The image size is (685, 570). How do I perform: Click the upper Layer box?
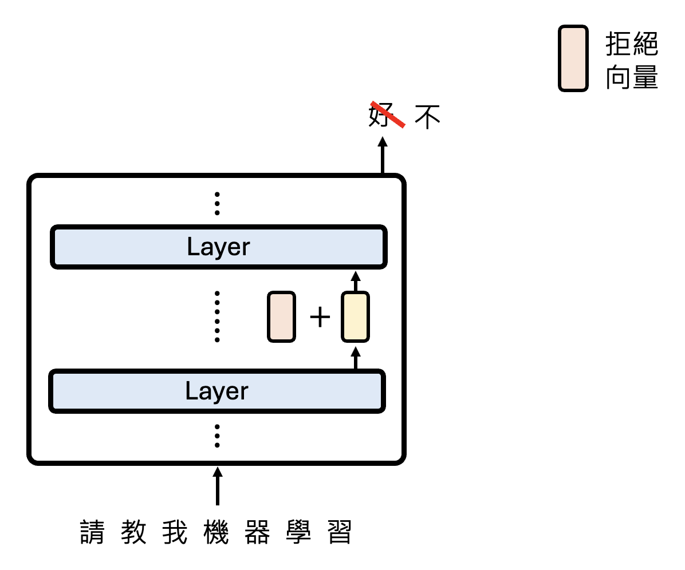click(x=218, y=247)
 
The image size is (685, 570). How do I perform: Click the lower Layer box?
click(x=216, y=391)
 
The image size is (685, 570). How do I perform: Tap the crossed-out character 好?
click(x=380, y=115)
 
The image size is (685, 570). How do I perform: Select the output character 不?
click(x=427, y=116)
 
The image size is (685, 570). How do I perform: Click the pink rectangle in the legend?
click(x=573, y=58)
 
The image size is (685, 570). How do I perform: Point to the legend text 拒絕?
click(x=632, y=44)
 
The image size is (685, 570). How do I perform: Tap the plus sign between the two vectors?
click(x=320, y=317)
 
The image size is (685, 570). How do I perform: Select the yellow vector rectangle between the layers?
click(x=355, y=316)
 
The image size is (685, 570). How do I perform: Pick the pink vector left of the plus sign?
click(x=281, y=316)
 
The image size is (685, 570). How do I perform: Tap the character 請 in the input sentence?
click(x=92, y=532)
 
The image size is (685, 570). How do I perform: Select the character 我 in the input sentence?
click(x=175, y=532)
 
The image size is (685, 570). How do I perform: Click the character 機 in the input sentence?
click(x=216, y=532)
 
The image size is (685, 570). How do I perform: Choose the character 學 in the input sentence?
click(x=298, y=532)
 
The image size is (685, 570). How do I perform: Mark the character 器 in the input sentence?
click(x=257, y=532)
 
